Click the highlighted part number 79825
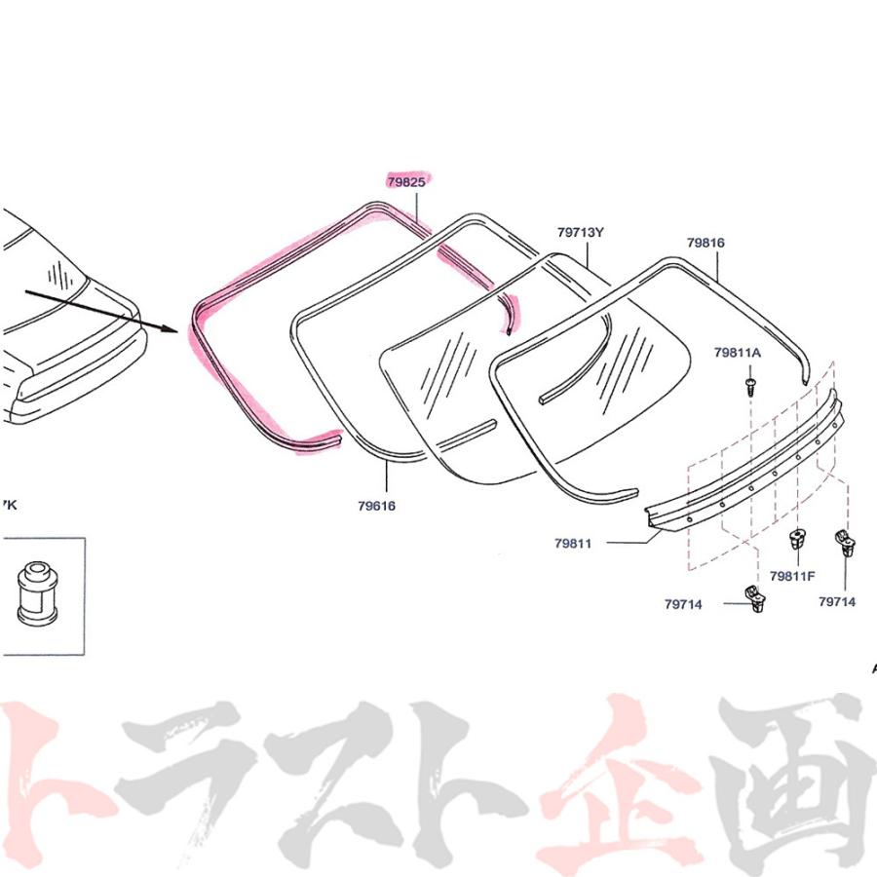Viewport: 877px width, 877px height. click(x=406, y=182)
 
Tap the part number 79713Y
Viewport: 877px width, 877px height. click(x=581, y=232)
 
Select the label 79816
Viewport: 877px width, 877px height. click(x=705, y=243)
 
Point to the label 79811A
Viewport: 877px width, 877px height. click(x=738, y=353)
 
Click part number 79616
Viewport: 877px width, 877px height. click(x=376, y=506)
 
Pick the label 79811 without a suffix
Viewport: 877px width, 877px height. click(x=573, y=543)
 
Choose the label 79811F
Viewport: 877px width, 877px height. click(x=792, y=576)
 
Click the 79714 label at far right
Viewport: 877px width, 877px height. click(x=837, y=602)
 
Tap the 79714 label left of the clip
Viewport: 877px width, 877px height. click(x=683, y=604)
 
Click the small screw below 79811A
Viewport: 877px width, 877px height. click(x=750, y=385)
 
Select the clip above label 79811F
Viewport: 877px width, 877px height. click(x=797, y=540)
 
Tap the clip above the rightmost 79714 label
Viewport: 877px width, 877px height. click(x=845, y=543)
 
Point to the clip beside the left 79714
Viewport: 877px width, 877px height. click(x=755, y=598)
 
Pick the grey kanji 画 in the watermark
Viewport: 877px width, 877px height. click(x=794, y=783)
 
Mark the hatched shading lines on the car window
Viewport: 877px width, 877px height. click(x=57, y=275)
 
